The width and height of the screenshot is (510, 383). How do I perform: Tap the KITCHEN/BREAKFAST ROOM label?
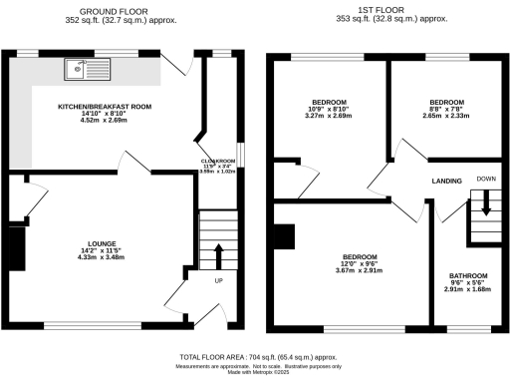coord(104,104)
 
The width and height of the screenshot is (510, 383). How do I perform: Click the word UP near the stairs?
coord(219,280)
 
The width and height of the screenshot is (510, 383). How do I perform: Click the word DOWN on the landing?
coord(486,180)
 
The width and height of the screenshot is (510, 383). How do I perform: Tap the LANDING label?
coord(444,182)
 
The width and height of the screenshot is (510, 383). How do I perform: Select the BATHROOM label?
coord(467,275)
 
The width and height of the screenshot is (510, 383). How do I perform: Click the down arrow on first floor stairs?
coord(486,205)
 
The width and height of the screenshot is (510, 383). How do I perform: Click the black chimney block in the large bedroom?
coord(285,235)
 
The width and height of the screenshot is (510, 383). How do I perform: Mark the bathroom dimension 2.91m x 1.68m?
coord(467,291)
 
